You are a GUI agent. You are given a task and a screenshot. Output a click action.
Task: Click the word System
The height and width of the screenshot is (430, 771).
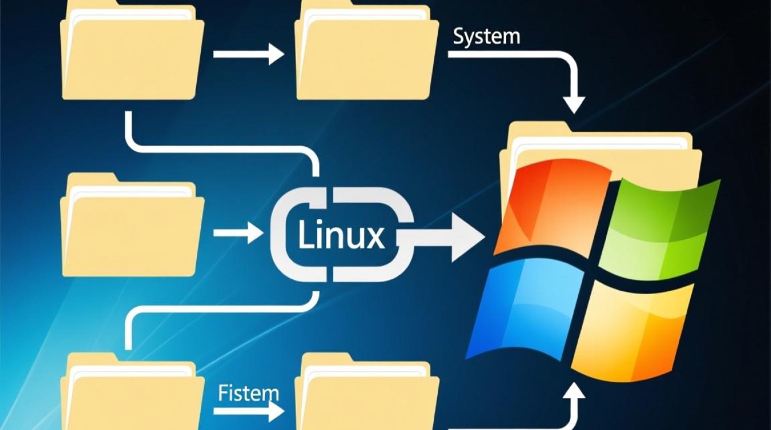pos(486,37)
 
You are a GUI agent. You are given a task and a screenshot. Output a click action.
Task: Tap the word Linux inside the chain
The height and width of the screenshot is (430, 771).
pos(341,236)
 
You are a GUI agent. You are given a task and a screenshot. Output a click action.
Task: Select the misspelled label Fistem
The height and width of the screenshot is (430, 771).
pos(248,393)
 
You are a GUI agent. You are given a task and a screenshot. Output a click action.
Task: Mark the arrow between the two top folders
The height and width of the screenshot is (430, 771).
pos(248,55)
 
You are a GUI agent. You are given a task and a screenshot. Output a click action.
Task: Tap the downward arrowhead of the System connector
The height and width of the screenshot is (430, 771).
pos(574,103)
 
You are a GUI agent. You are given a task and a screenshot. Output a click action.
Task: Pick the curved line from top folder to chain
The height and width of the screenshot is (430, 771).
pos(218,146)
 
